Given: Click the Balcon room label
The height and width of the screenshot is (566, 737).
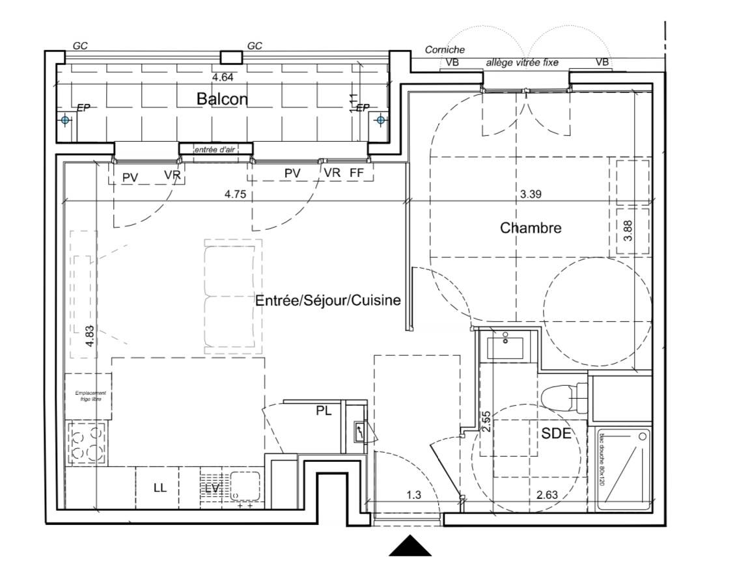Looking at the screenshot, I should pyautogui.click(x=222, y=99).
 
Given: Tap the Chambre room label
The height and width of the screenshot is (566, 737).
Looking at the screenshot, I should pyautogui.click(x=531, y=228).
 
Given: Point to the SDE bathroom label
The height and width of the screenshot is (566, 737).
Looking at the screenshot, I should pyautogui.click(x=557, y=434).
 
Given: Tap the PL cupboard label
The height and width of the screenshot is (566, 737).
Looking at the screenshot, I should pyautogui.click(x=324, y=411).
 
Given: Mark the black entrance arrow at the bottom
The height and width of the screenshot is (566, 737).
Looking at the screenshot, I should pyautogui.click(x=411, y=546).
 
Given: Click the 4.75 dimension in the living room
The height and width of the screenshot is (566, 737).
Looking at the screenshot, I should pyautogui.click(x=234, y=193).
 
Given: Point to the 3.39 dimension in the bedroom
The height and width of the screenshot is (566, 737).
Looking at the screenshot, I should pyautogui.click(x=531, y=193).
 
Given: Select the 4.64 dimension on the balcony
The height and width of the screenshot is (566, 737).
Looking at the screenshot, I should pyautogui.click(x=223, y=76).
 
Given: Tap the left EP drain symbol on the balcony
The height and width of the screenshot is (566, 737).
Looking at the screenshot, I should pyautogui.click(x=64, y=120).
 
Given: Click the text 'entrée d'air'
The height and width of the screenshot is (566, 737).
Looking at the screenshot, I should pyautogui.click(x=214, y=150).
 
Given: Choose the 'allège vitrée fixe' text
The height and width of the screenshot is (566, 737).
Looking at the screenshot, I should pyautogui.click(x=522, y=63).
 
